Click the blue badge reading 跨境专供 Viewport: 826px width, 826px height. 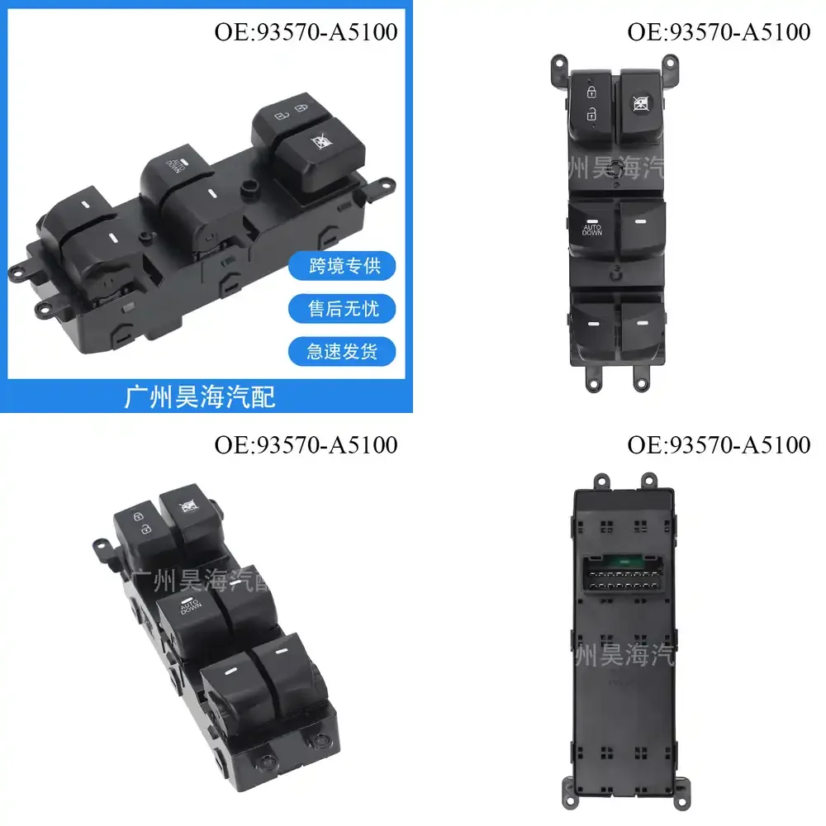click(x=342, y=266)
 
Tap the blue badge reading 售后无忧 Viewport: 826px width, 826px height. click(x=342, y=309)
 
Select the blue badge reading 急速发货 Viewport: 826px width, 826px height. click(x=342, y=351)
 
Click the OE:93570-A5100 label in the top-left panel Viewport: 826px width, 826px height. click(x=306, y=32)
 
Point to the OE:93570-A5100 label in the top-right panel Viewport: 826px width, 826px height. click(x=719, y=32)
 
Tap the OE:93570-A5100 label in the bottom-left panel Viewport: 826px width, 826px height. click(x=306, y=444)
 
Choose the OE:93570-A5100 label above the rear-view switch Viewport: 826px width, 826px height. click(x=719, y=444)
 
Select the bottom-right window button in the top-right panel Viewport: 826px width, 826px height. click(x=642, y=328)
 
